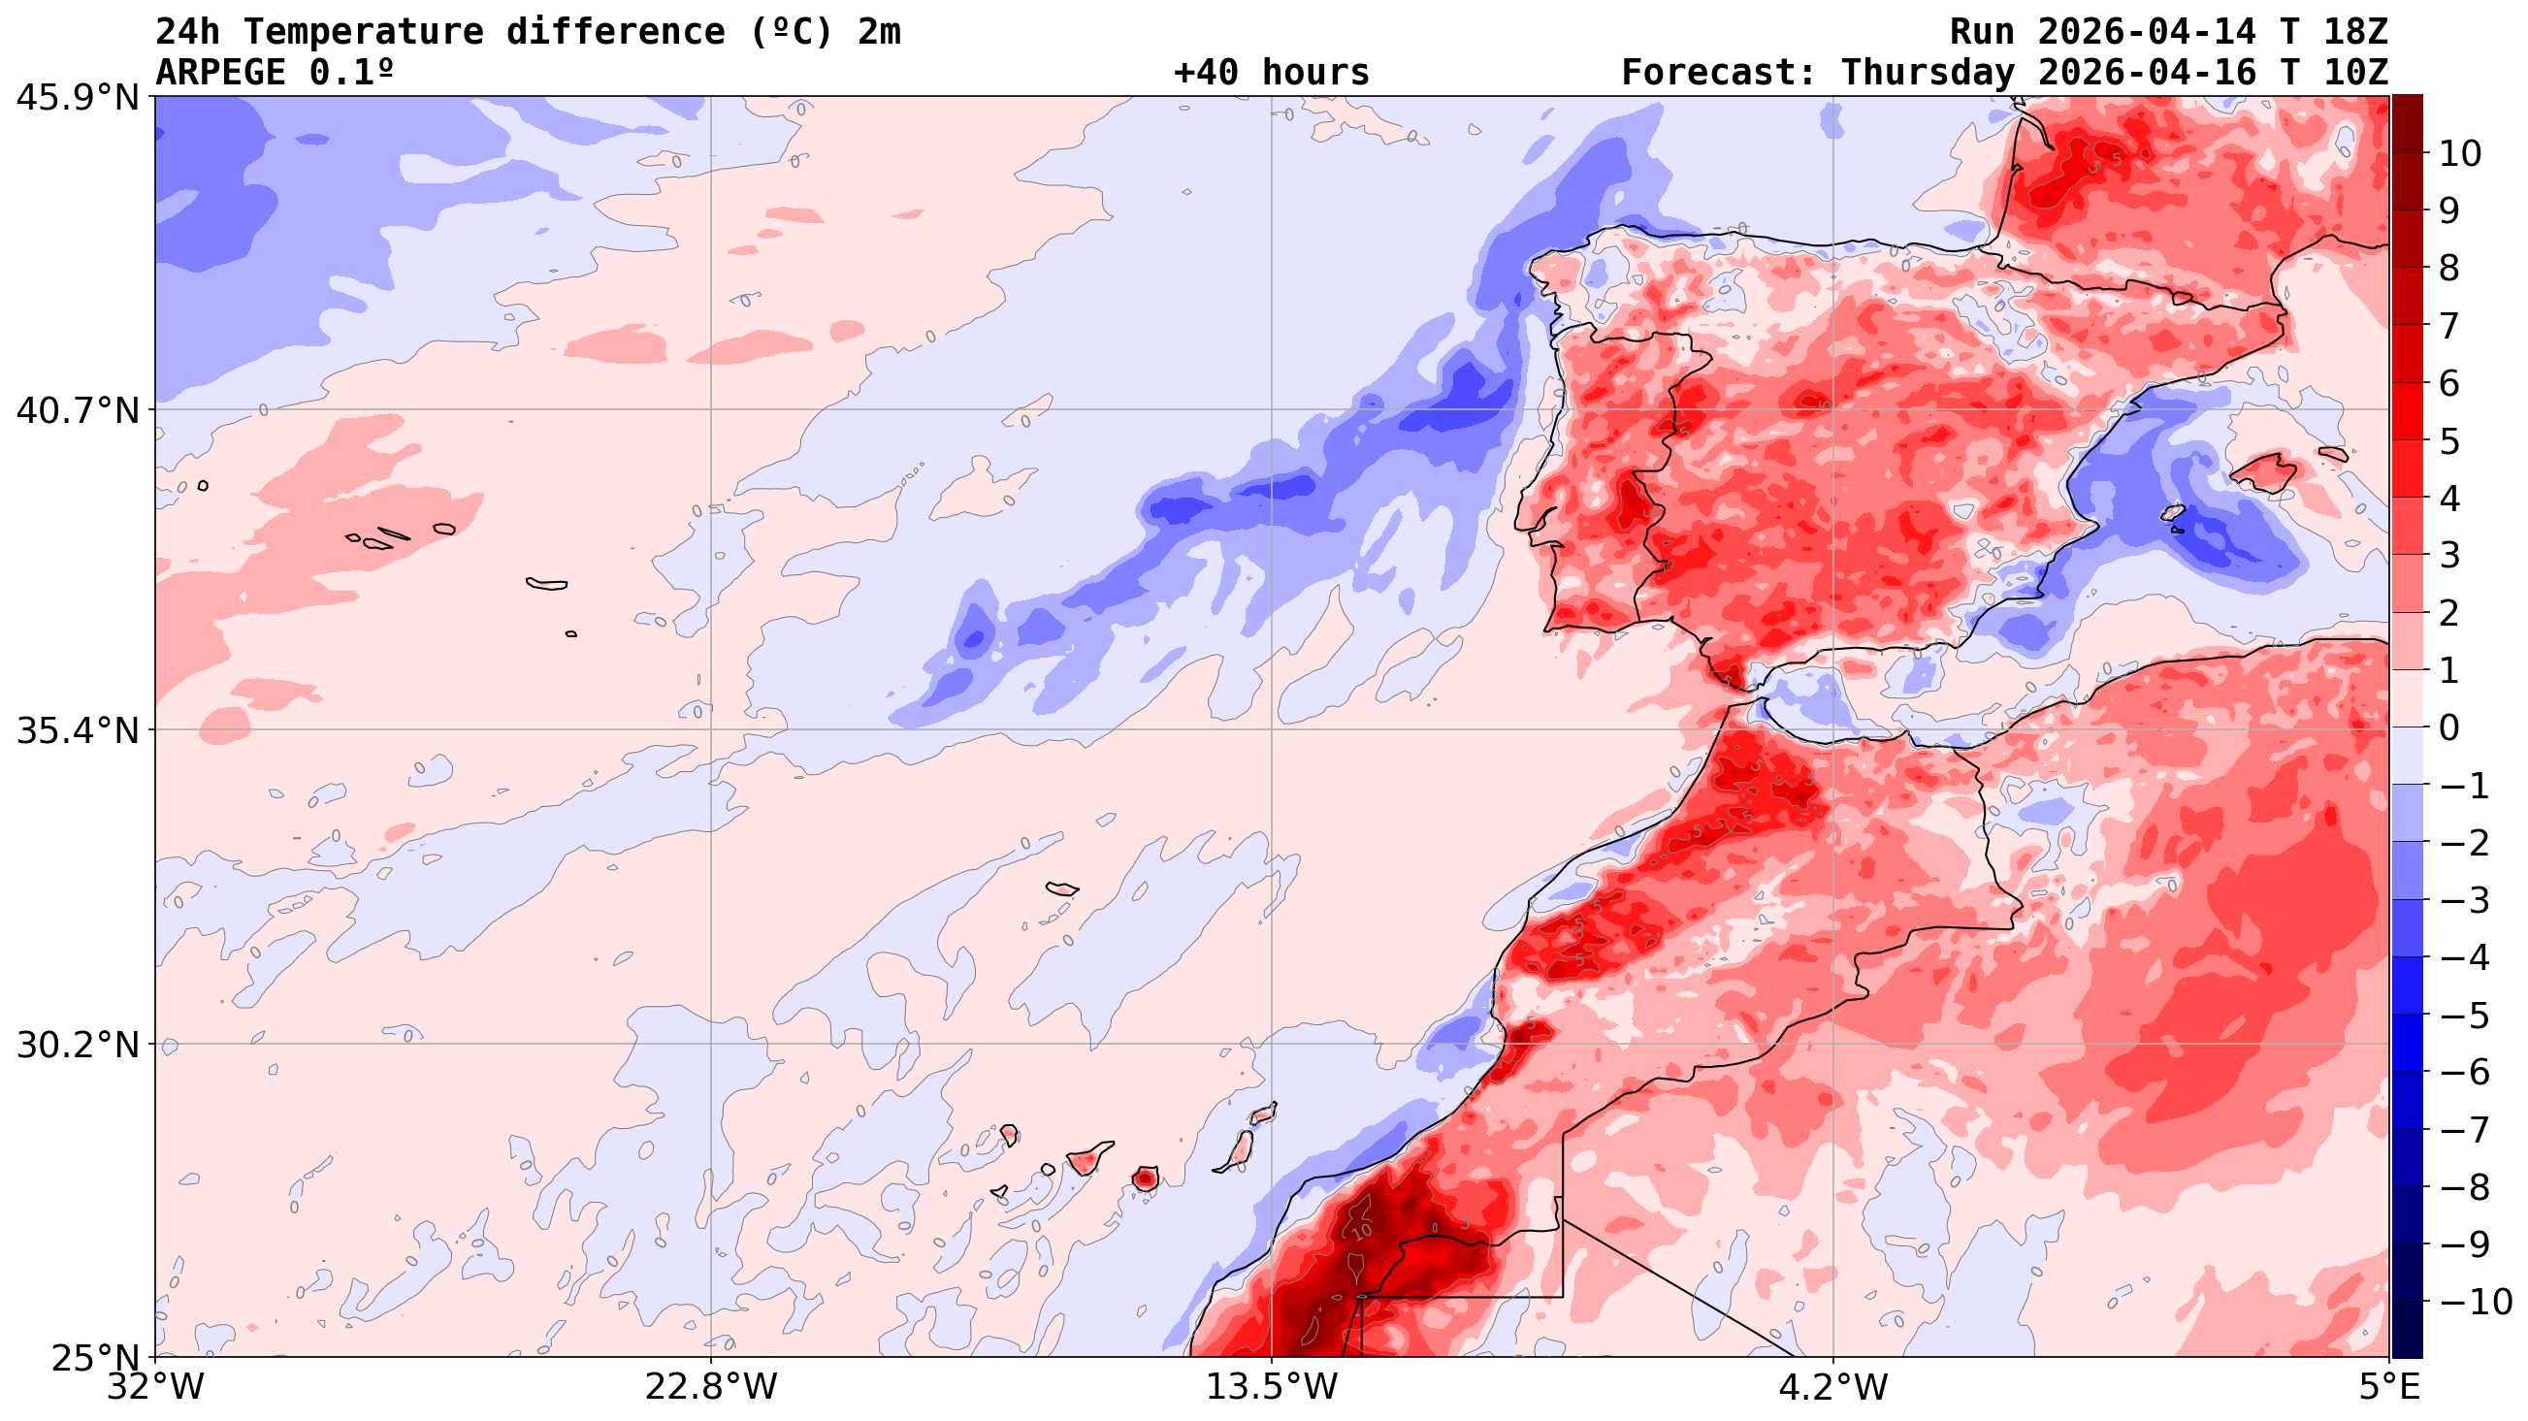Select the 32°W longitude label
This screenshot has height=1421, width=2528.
pyautogui.click(x=155, y=1388)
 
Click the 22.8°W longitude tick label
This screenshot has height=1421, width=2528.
pyautogui.click(x=710, y=1388)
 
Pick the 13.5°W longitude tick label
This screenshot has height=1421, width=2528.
pyautogui.click(x=1272, y=1388)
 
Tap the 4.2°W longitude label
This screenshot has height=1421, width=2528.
pyautogui.click(x=1833, y=1388)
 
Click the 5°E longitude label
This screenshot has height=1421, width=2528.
pyautogui.click(x=2388, y=1388)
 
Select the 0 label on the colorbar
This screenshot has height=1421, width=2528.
pyautogui.click(x=2449, y=728)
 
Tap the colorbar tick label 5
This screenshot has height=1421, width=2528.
pyautogui.click(x=2449, y=441)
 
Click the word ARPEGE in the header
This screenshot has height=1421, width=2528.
pyautogui.click(x=222, y=73)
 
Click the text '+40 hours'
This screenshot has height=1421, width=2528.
pyautogui.click(x=1271, y=73)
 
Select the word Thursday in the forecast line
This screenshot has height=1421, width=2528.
pyautogui.click(x=1928, y=73)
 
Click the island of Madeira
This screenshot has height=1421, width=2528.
pyautogui.click(x=1061, y=889)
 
